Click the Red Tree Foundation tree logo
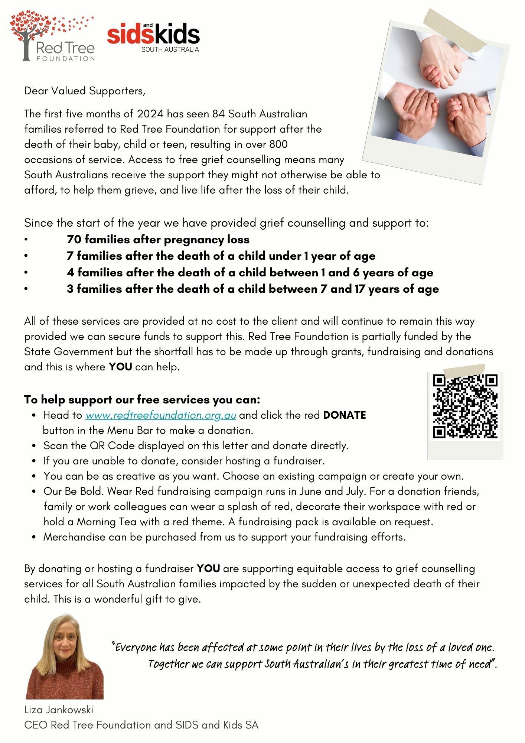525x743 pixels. coord(52,37)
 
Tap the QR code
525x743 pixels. coord(465,406)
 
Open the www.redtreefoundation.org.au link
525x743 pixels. coord(160,415)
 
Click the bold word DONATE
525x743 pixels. coord(344,415)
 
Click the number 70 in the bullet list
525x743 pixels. coord(74,240)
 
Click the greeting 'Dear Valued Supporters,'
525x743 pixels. coord(85,91)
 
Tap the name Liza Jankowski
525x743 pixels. coord(59,710)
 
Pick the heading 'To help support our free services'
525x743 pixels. coord(142,400)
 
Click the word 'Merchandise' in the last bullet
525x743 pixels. coord(74,537)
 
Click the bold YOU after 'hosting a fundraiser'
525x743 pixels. coord(208,569)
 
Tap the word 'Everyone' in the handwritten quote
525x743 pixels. coord(136,648)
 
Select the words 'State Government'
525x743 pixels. coord(69,352)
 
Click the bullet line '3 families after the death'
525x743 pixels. coord(252,289)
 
